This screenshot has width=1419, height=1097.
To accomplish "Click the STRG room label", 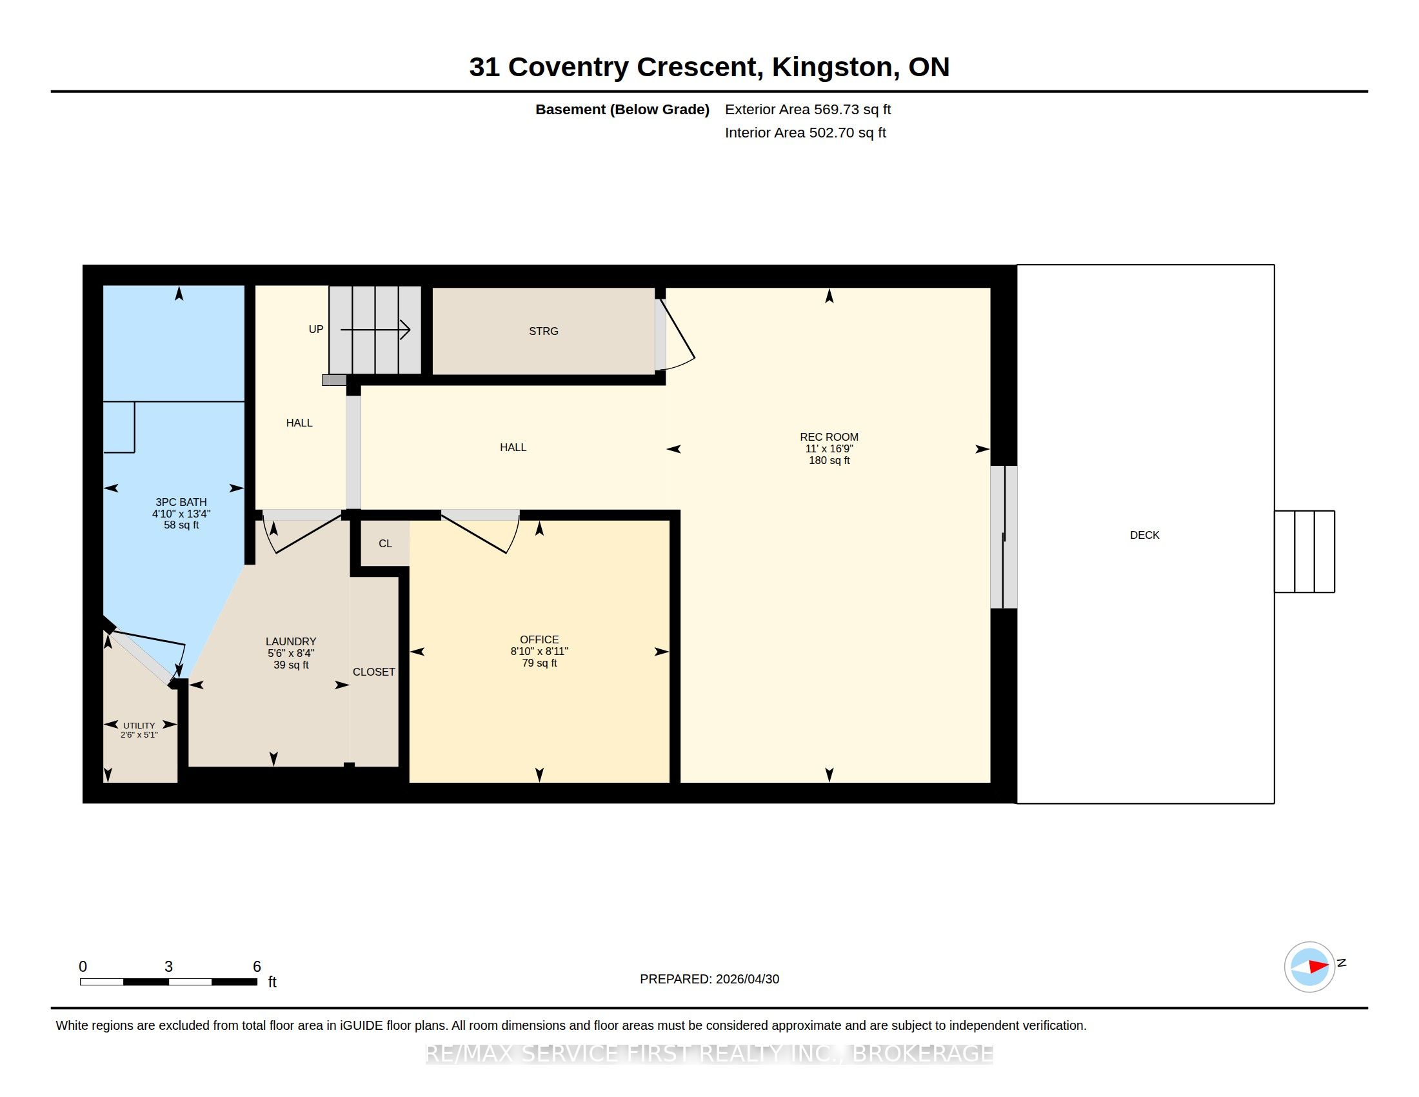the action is [x=543, y=331].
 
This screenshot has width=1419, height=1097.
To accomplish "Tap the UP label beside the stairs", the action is [x=316, y=330].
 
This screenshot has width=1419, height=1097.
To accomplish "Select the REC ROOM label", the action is [x=829, y=437].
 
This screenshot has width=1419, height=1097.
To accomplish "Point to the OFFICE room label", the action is [x=539, y=639].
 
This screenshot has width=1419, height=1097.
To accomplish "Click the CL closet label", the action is [x=385, y=543].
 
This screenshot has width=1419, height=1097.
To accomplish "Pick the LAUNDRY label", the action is [x=291, y=641].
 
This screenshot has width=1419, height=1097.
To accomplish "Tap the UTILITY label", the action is [x=139, y=725].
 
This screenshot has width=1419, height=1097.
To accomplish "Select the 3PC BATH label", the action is [x=181, y=501].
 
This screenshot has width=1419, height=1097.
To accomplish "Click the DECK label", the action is [x=1145, y=535].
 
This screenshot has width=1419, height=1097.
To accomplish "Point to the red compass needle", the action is [x=1318, y=967].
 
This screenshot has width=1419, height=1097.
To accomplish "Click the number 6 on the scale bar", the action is [x=257, y=967].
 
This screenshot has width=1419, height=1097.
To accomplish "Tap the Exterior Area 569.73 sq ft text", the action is [x=808, y=109].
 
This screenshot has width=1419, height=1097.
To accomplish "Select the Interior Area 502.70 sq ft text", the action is [x=805, y=132].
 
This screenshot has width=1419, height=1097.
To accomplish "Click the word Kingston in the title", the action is [x=831, y=67].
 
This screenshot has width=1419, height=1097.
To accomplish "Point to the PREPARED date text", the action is [x=709, y=979].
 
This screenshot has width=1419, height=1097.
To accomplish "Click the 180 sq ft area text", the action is [x=829, y=460].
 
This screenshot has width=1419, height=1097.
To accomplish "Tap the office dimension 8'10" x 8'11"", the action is [x=539, y=651].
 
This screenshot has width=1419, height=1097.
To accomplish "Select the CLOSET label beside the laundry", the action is [x=373, y=672].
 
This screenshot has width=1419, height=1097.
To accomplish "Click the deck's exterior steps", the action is [x=1305, y=552].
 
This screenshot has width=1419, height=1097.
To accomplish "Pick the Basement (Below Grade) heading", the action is [x=622, y=109].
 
